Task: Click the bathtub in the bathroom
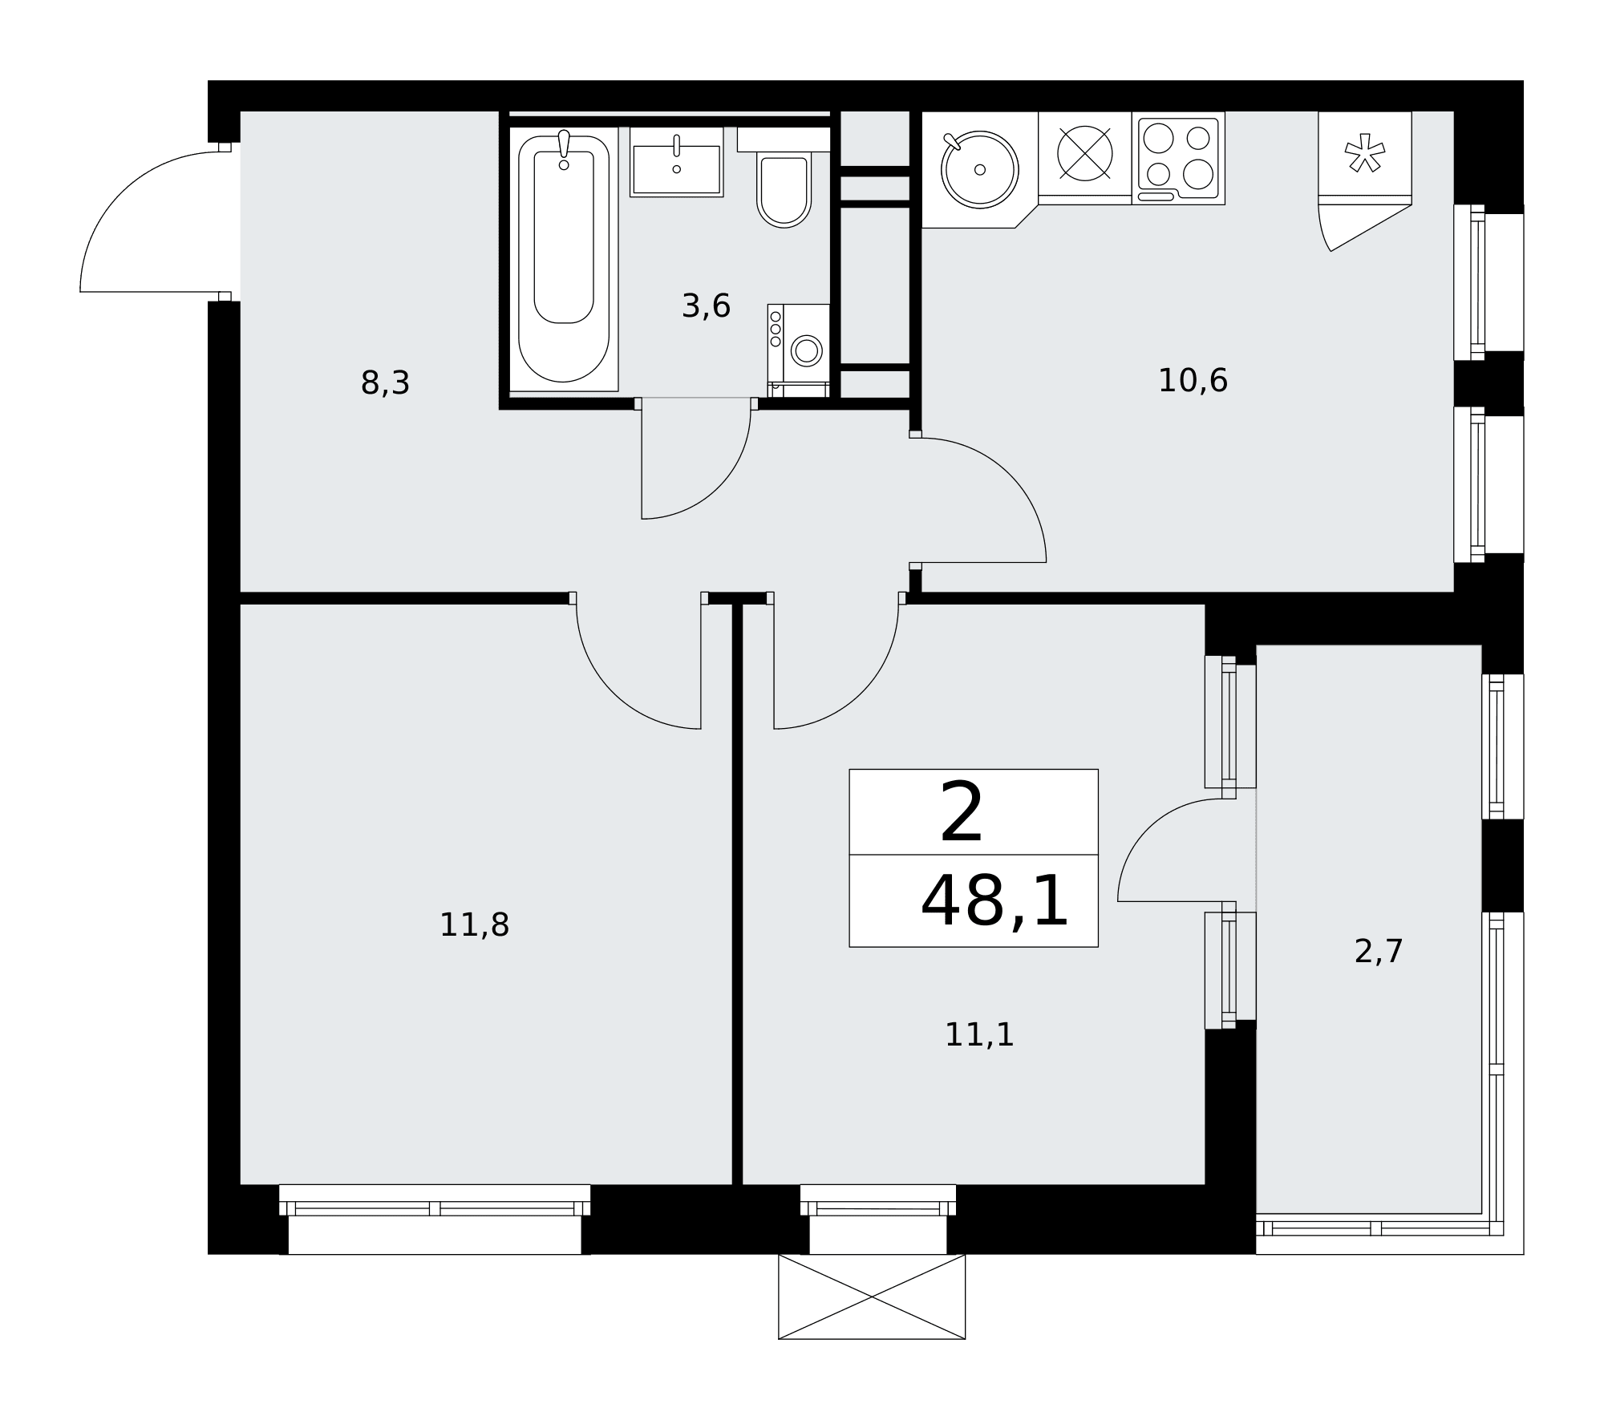coord(564,258)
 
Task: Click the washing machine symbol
coord(798,350)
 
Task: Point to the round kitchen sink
coord(979,169)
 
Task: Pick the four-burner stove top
coord(1178,158)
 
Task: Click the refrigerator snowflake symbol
coord(1364,153)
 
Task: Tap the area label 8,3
coord(385,383)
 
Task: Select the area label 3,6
coord(706,305)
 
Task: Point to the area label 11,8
coord(474,924)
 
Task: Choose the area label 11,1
coord(979,1034)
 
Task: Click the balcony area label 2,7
coord(1379,952)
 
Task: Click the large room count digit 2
coord(961,813)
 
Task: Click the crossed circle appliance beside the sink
coord(1085,154)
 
